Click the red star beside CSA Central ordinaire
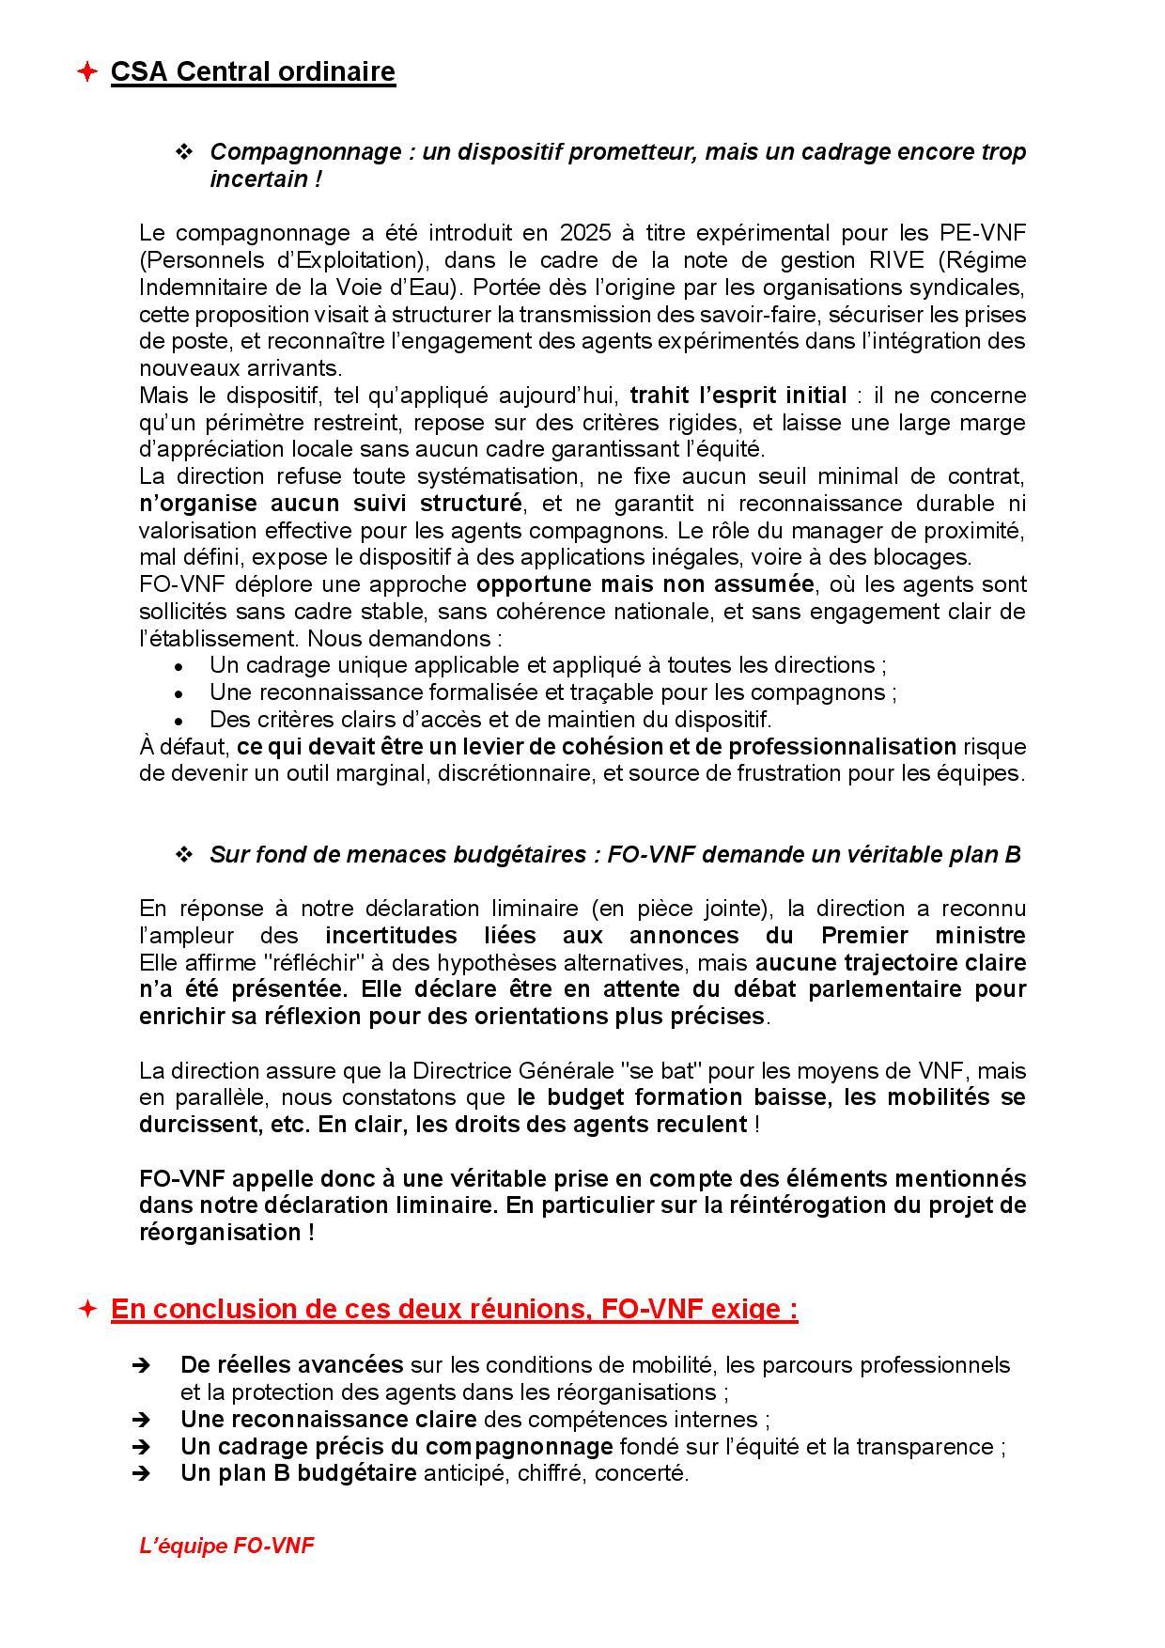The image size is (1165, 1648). [x=86, y=71]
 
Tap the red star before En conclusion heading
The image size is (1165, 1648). [x=86, y=1309]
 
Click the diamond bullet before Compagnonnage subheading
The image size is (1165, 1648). [x=184, y=152]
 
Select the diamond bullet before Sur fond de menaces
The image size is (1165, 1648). [x=184, y=855]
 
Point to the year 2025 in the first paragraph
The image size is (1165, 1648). [x=585, y=233]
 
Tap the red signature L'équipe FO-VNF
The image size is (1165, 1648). [x=226, y=1546]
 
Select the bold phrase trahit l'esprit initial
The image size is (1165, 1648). [x=738, y=395]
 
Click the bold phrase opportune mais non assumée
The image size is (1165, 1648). [x=645, y=584]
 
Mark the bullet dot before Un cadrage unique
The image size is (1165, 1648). [x=179, y=667]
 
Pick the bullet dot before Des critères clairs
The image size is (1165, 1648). [x=179, y=721]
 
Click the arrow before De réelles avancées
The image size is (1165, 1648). [x=141, y=1365]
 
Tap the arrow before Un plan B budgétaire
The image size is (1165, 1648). [x=141, y=1473]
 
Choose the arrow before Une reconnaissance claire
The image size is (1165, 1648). [x=141, y=1420]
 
